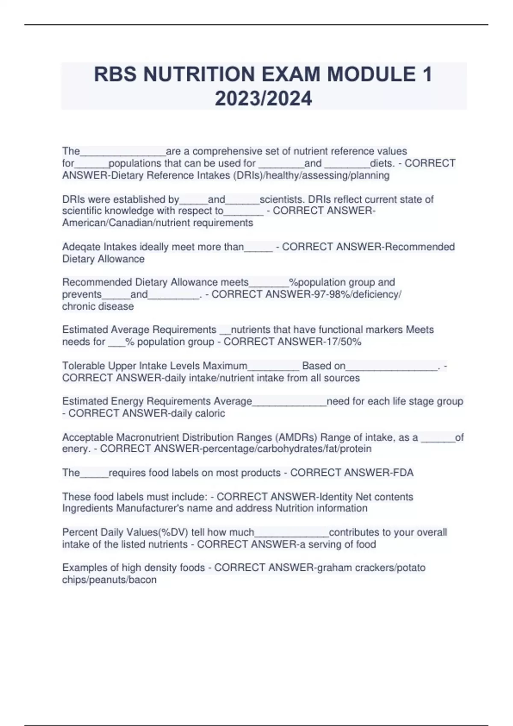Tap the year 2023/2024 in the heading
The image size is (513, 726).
[x=263, y=99]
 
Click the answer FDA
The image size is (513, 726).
[x=402, y=473]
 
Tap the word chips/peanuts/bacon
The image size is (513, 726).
[x=109, y=580]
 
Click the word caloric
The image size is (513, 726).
[x=210, y=413]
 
